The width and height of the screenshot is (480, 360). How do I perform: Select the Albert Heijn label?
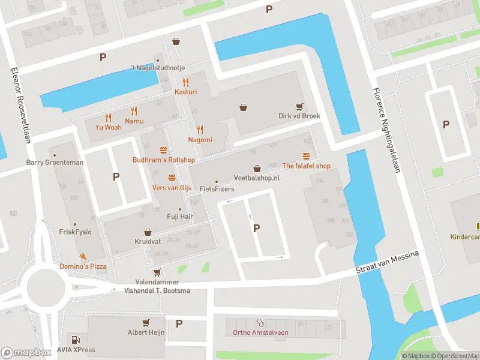pyautogui.click(x=146, y=332)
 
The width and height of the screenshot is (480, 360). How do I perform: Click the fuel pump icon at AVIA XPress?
pyautogui.click(x=76, y=340)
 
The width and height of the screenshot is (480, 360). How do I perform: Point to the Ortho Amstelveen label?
pyautogui.click(x=260, y=332)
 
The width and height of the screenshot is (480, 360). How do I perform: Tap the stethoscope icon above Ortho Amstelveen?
pyautogui.click(x=260, y=323)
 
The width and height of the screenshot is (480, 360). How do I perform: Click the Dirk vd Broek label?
pyautogui.click(x=299, y=116)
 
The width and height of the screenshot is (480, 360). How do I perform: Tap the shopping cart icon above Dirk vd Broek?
pyautogui.click(x=299, y=106)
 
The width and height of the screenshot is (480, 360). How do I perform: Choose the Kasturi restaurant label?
pyautogui.click(x=185, y=92)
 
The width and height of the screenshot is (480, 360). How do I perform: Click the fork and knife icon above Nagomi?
pyautogui.click(x=200, y=130)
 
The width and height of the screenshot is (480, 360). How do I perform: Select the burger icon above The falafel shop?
pyautogui.click(x=306, y=157)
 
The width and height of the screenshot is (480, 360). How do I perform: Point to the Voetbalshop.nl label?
pyautogui.click(x=257, y=178)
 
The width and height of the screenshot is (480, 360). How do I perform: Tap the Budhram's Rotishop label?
pyautogui.click(x=163, y=160)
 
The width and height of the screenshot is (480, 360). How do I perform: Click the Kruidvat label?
pyautogui.click(x=147, y=242)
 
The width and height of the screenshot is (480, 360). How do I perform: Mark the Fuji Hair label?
pyautogui.click(x=179, y=216)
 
